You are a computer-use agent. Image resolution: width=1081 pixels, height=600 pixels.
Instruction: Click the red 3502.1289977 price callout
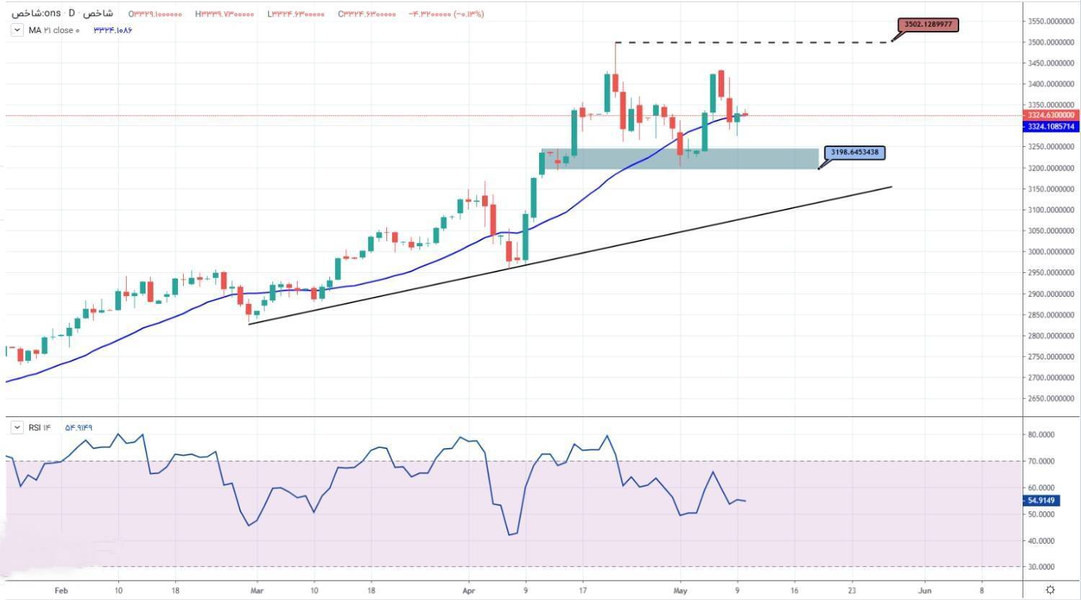pyautogui.click(x=928, y=24)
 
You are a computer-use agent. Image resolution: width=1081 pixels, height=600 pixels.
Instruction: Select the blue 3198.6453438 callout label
pyautogui.click(x=855, y=153)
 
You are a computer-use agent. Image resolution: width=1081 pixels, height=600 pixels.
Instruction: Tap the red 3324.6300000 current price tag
pyautogui.click(x=1051, y=115)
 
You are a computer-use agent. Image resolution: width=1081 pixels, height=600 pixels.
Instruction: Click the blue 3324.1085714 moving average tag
pyautogui.click(x=1051, y=127)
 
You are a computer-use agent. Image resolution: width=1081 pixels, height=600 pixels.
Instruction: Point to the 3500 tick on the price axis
pyautogui.click(x=1051, y=42)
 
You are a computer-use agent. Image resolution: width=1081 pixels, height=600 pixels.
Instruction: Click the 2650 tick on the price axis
pyautogui.click(x=1051, y=399)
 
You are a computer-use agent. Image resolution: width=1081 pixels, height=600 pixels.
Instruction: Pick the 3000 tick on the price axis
pyautogui.click(x=1051, y=252)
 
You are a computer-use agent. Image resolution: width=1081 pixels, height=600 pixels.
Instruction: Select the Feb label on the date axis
pyautogui.click(x=61, y=590)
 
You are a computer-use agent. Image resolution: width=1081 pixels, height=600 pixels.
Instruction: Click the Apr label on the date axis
pyautogui.click(x=469, y=590)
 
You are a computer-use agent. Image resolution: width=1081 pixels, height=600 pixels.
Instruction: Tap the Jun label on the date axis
pyautogui.click(x=925, y=590)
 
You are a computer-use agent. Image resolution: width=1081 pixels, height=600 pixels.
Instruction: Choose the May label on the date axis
pyautogui.click(x=680, y=590)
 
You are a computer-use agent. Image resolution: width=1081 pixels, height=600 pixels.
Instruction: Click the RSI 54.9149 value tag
pyautogui.click(x=1042, y=501)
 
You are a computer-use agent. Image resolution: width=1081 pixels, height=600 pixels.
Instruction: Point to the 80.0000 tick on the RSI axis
pyautogui.click(x=1041, y=435)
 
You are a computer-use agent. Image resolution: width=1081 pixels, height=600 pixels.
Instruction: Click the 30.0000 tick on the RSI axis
pyautogui.click(x=1041, y=567)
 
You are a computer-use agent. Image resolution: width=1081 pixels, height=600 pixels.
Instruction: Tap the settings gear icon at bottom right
pyautogui.click(x=1051, y=590)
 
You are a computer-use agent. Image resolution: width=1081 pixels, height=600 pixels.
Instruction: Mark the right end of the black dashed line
pyautogui.click(x=891, y=42)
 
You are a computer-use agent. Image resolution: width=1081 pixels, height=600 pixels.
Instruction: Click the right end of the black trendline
pyautogui.click(x=891, y=187)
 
